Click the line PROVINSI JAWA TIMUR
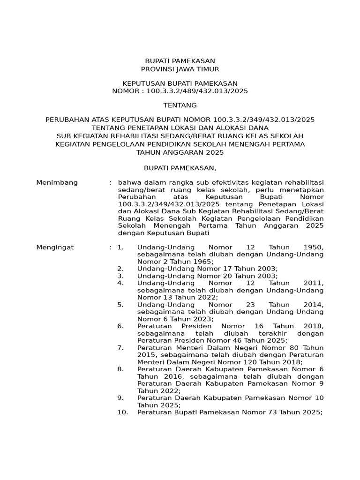click(180, 69)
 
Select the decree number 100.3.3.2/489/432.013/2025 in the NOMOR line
click(197, 91)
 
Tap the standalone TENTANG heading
click(180, 105)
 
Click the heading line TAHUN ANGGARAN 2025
click(180, 152)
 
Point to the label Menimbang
click(57, 182)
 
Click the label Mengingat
click(55, 247)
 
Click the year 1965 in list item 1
click(202, 261)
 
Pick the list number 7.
click(120, 347)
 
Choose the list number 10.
click(122, 412)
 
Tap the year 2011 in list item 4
click(314, 283)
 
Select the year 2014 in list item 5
click(314, 304)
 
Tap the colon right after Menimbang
click(111, 182)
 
